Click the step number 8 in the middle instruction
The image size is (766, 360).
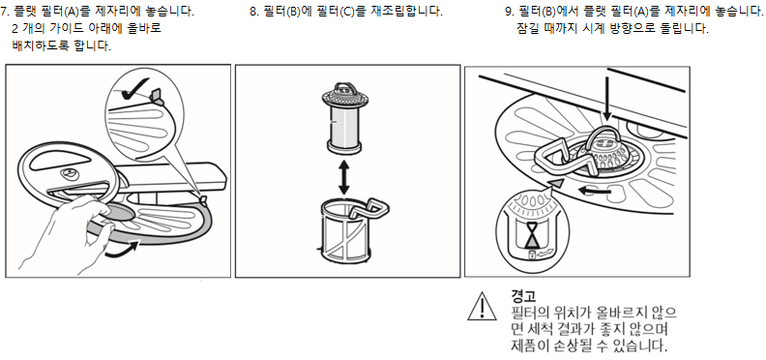click(253, 12)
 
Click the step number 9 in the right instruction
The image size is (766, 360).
click(510, 12)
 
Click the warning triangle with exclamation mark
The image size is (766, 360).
click(482, 307)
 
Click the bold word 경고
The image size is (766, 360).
click(523, 296)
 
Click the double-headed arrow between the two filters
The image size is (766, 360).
click(344, 178)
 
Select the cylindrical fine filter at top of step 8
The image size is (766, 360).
click(344, 117)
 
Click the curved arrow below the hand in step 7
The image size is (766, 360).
click(121, 250)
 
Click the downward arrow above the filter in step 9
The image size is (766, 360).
click(606, 98)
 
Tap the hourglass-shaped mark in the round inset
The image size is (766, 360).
click(532, 234)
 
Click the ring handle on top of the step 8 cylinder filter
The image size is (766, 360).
click(344, 88)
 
